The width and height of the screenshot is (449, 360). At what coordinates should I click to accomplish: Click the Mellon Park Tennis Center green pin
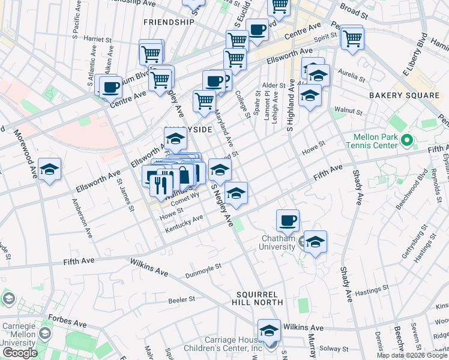[x=406, y=142]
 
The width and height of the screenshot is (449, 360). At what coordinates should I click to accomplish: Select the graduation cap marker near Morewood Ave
[x=49, y=169]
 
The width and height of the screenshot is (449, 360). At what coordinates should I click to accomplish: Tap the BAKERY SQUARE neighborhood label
[x=404, y=95]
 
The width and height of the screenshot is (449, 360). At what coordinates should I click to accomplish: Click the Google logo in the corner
[x=20, y=353]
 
